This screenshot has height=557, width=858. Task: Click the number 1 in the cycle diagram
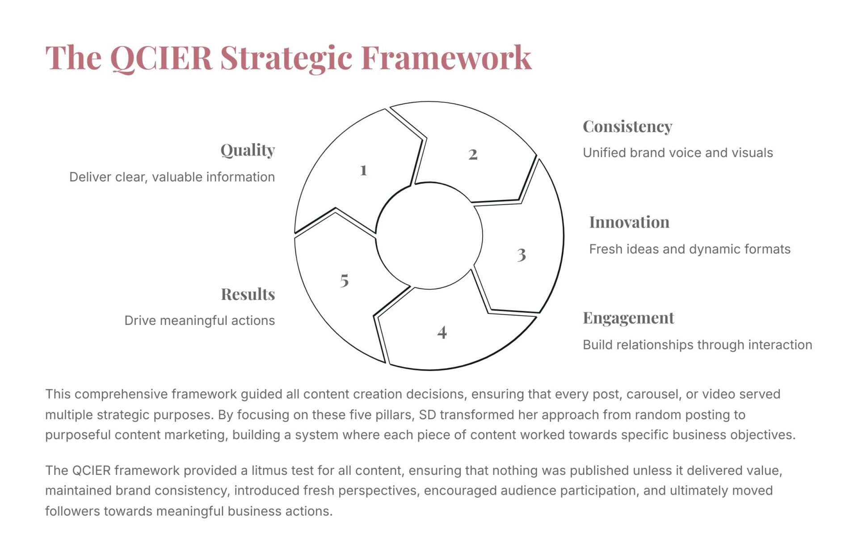[363, 170]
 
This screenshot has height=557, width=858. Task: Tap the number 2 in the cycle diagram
[473, 154]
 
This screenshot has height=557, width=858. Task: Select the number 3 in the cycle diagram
[522, 255]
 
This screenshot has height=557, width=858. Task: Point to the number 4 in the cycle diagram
[442, 332]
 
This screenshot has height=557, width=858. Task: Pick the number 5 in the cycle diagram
[344, 280]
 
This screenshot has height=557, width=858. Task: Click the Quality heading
[248, 150]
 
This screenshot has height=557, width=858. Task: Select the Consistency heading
[627, 127]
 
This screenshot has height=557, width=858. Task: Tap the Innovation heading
[629, 222]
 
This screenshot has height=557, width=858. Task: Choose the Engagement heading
[628, 318]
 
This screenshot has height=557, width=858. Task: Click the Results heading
[248, 294]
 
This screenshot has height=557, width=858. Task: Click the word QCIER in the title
[161, 58]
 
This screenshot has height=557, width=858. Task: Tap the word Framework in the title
[446, 58]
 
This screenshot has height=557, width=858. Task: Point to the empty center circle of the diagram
[429, 236]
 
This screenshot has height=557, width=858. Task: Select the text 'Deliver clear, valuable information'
[172, 177]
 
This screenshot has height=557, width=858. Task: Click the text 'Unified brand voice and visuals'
[678, 153]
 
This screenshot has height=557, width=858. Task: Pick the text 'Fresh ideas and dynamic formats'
[690, 249]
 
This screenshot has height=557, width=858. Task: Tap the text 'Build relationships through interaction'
[698, 345]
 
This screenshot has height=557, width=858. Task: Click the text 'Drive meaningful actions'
[200, 320]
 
